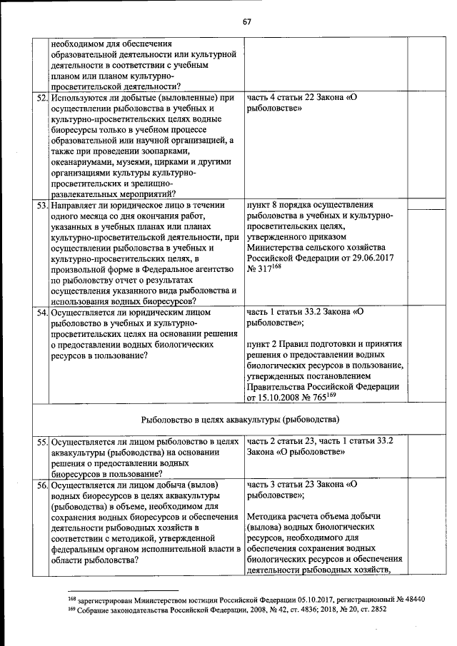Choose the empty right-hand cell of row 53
(x=422, y=253)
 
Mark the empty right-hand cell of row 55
(x=422, y=457)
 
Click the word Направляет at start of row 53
(x=74, y=205)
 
